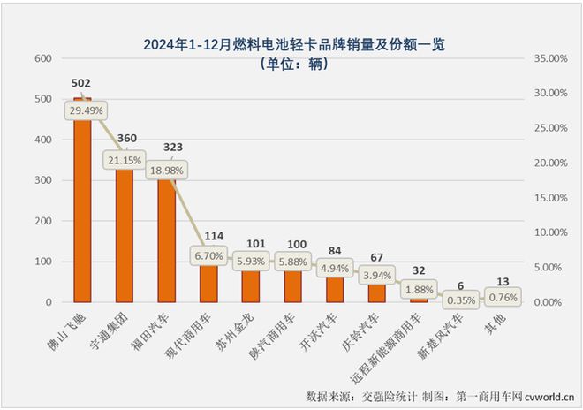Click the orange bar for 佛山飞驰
coord(82,212)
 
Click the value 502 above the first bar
coord(81,84)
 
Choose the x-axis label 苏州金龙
coord(240,331)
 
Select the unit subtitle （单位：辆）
coord(291,64)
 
